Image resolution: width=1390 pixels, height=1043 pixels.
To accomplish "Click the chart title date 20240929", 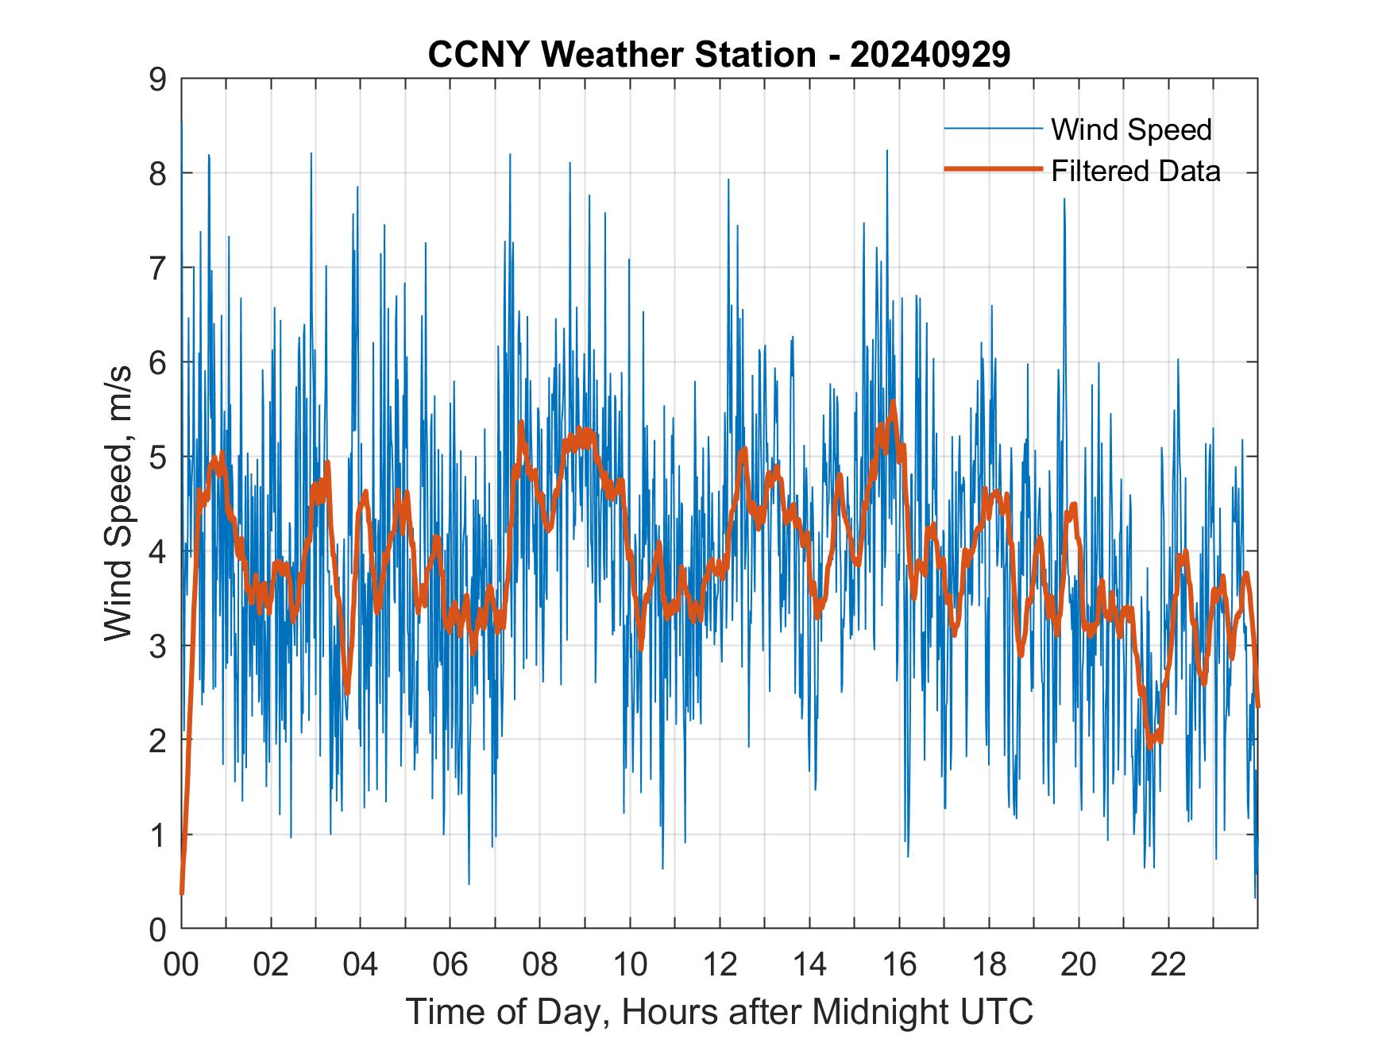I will point(930,55).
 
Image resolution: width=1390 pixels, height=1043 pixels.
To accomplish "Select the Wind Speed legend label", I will point(1131,129).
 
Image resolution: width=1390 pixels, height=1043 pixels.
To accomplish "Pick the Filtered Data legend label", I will point(1135,171).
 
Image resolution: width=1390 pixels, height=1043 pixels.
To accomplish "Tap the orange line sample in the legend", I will point(992,169).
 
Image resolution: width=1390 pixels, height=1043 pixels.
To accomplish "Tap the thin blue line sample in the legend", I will point(992,129).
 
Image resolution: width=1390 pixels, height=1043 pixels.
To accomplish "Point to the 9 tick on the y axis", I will point(157,79).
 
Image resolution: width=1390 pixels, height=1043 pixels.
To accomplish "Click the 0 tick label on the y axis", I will point(157,929).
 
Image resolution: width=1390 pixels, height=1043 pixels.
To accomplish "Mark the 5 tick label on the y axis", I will point(157,457).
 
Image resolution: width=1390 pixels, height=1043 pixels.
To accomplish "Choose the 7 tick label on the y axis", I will point(157,268).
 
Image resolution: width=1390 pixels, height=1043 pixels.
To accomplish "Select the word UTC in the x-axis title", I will point(996,1011).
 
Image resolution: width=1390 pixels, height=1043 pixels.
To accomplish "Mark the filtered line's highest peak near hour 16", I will point(894,402).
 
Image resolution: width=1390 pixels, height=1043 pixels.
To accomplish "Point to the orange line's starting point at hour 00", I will point(182,893).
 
